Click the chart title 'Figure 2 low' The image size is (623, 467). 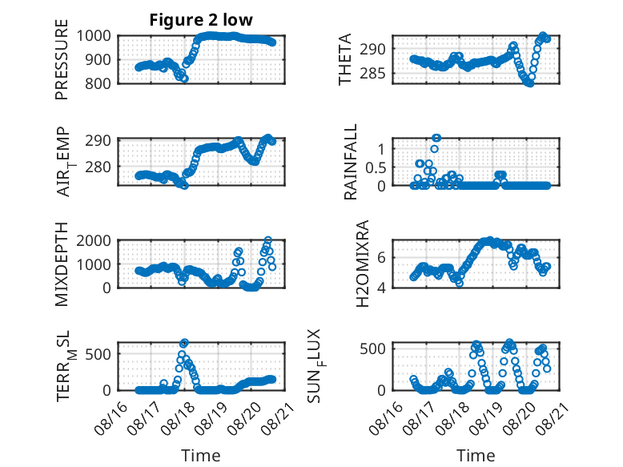click(x=201, y=20)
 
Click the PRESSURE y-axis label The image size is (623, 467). click(x=62, y=59)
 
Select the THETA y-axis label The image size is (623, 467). click(x=345, y=59)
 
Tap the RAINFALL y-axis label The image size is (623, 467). click(x=351, y=161)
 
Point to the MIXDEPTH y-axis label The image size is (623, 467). click(x=62, y=264)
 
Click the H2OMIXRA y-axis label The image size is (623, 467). click(x=363, y=264)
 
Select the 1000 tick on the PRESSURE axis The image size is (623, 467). click(x=94, y=36)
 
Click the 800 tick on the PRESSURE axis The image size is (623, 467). click(x=98, y=83)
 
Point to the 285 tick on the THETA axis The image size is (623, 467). click(x=372, y=73)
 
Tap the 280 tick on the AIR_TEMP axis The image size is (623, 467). click(x=98, y=167)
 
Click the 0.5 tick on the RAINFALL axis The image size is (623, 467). click(x=376, y=167)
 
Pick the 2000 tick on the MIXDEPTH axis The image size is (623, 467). click(x=94, y=240)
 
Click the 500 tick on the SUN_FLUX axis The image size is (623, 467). click(x=372, y=349)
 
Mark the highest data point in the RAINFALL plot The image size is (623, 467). click(x=436, y=138)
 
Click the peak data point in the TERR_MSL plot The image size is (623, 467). click(x=184, y=342)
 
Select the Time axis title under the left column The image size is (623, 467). click(x=201, y=455)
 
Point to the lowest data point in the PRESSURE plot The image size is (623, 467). click(x=184, y=79)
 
